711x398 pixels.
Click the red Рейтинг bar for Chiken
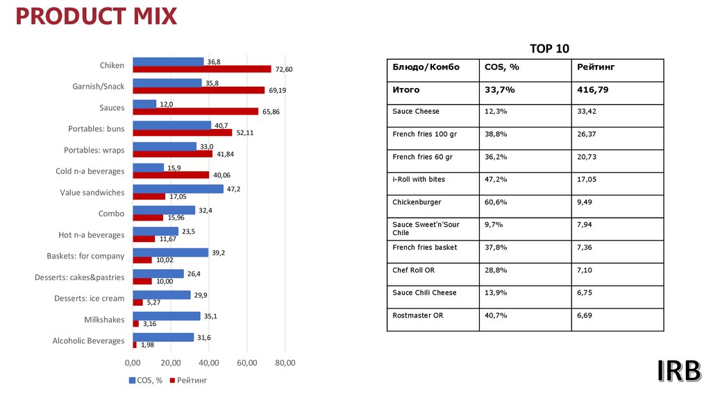point(202,69)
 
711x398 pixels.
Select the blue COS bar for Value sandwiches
point(178,189)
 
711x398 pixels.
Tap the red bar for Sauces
point(195,112)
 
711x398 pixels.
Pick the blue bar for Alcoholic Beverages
point(163,338)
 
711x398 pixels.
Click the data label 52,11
point(245,132)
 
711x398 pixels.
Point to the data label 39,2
point(218,253)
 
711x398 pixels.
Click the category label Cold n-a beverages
point(90,171)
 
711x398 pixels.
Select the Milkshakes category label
point(104,320)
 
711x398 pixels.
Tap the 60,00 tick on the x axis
point(247,363)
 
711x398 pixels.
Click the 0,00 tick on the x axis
point(133,363)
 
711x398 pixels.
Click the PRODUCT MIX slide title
point(97,16)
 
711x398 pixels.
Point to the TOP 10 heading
point(549,49)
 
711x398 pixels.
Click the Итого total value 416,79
point(593,90)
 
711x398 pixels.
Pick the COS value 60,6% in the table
point(495,202)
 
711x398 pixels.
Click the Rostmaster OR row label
point(418,315)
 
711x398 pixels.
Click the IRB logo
point(678,372)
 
